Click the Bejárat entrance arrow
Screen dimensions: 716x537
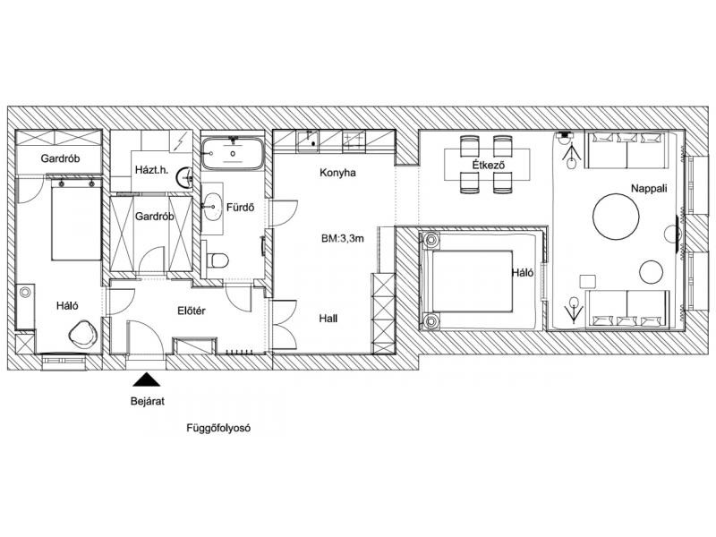pyautogui.click(x=147, y=380)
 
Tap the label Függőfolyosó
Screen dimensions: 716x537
pyautogui.click(x=218, y=429)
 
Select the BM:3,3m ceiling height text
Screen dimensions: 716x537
pyautogui.click(x=343, y=238)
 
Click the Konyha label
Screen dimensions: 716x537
pyautogui.click(x=337, y=173)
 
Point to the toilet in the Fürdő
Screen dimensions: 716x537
pyautogui.click(x=217, y=260)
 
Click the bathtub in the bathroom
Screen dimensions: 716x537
pyautogui.click(x=233, y=153)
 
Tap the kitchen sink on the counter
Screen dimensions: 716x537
pyautogui.click(x=309, y=140)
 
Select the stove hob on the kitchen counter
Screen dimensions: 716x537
pyautogui.click(x=354, y=140)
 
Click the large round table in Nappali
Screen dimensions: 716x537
pyautogui.click(x=616, y=216)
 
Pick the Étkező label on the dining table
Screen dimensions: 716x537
pyautogui.click(x=489, y=165)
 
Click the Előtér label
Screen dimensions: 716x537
pyautogui.click(x=192, y=311)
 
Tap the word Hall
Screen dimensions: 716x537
pyautogui.click(x=328, y=318)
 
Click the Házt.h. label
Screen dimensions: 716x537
pyautogui.click(x=151, y=170)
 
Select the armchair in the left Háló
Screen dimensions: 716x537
pyautogui.click(x=83, y=333)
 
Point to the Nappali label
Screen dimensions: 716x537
pyautogui.click(x=650, y=188)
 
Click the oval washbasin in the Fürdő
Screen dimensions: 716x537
pyautogui.click(x=212, y=207)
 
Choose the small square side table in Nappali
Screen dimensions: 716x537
pyautogui.click(x=588, y=281)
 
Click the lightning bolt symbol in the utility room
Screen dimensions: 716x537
pyautogui.click(x=181, y=141)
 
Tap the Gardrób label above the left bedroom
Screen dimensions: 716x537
pyautogui.click(x=60, y=158)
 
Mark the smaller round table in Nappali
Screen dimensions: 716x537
pyautogui.click(x=651, y=272)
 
